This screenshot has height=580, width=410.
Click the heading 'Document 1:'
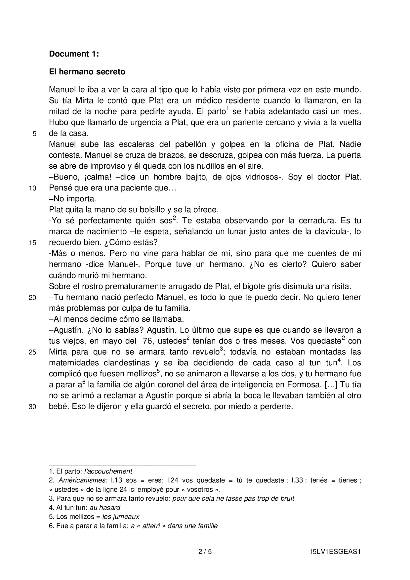click(x=74, y=54)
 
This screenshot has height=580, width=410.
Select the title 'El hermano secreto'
click(x=87, y=72)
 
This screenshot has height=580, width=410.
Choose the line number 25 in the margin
click(x=32, y=352)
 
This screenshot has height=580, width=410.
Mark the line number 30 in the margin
click(x=32, y=407)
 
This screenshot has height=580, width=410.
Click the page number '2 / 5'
click(x=205, y=552)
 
